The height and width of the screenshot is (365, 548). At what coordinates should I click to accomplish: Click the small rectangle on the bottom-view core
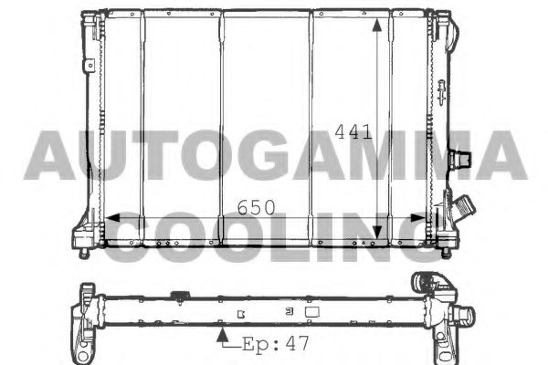coord(311,311)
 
